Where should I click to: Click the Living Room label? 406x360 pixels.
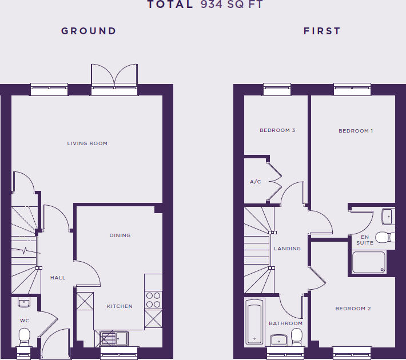[x=87, y=143]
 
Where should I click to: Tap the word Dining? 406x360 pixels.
[x=120, y=235]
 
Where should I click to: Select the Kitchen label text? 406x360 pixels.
[x=120, y=306]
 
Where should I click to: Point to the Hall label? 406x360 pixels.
[x=58, y=278]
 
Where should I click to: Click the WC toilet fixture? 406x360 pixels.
[x=25, y=335]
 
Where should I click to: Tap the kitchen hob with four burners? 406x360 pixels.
[x=153, y=299]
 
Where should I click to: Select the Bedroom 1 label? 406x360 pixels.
[x=356, y=131]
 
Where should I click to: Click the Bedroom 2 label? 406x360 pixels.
[x=353, y=309]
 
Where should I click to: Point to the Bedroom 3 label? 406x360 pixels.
[x=277, y=130]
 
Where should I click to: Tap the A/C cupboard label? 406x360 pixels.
[x=255, y=182]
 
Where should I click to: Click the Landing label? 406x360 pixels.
[x=287, y=249]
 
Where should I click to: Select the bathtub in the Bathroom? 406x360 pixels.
[x=254, y=322]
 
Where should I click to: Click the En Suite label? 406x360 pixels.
[x=365, y=240]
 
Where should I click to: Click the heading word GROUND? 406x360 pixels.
[x=89, y=31]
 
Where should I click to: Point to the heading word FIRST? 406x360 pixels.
[x=322, y=31]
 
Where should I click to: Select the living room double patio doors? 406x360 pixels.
[x=114, y=77]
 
